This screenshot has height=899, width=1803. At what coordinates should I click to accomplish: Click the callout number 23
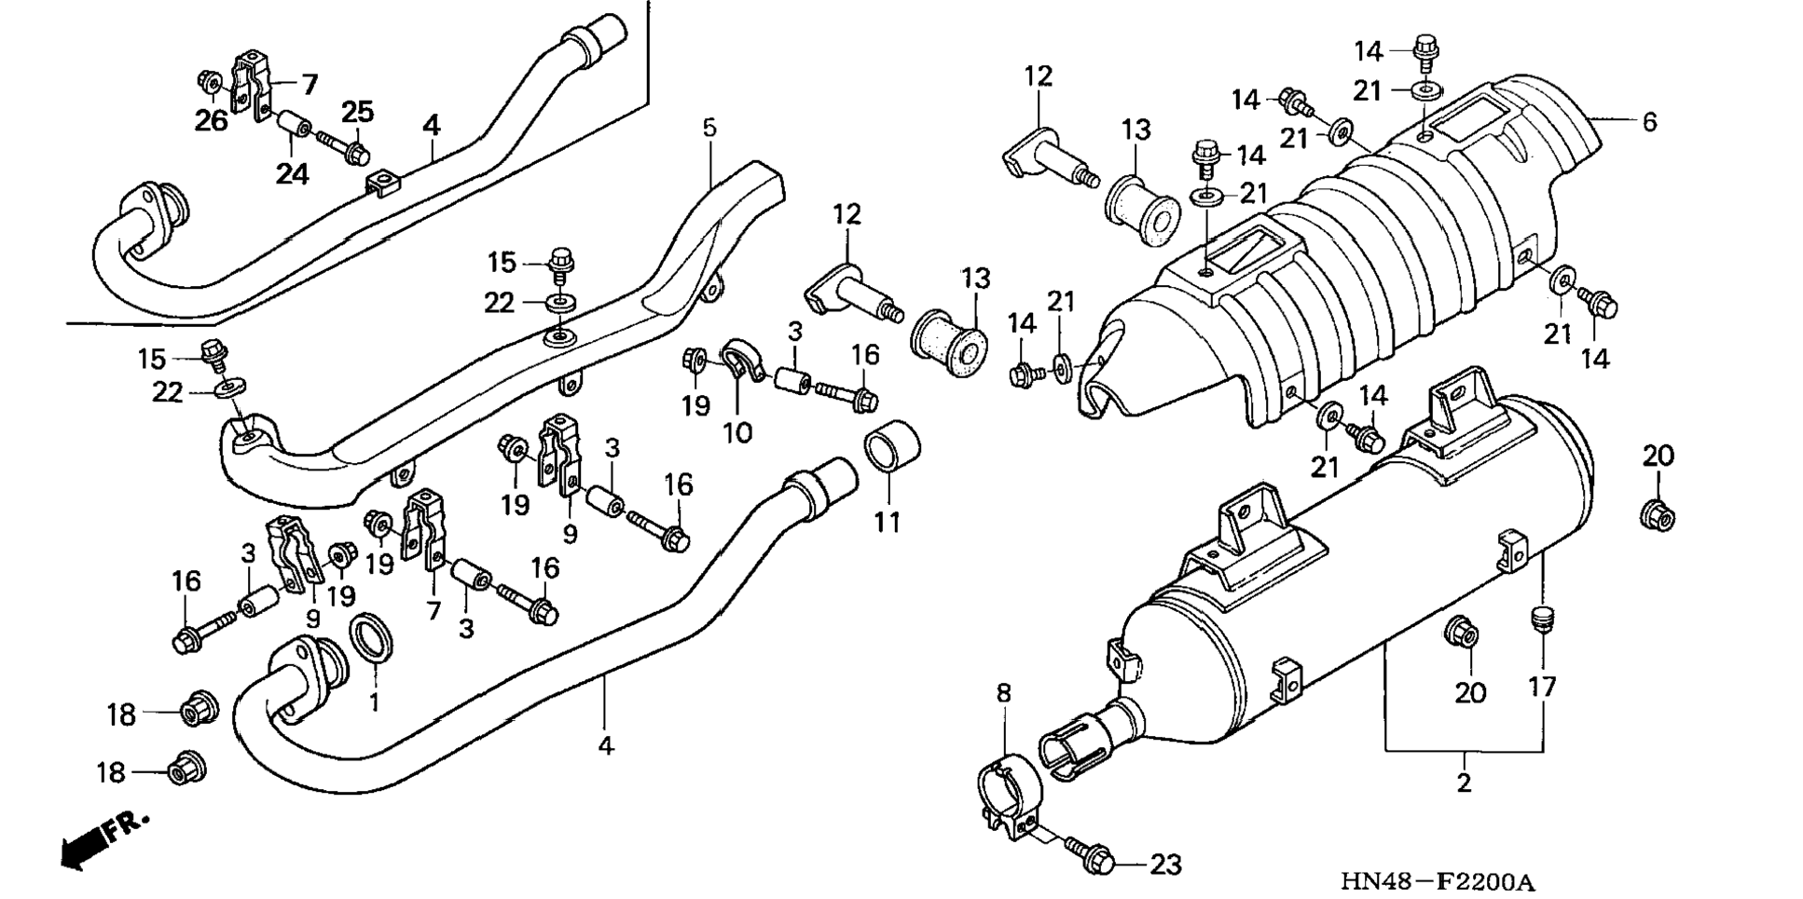1165,865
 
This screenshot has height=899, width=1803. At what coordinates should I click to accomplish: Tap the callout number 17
1542,688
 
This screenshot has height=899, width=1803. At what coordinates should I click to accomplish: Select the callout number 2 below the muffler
1464,782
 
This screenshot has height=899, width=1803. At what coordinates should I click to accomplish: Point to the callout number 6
1649,122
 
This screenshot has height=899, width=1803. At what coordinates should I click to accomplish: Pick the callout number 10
737,432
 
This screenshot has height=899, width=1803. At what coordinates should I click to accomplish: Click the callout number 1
374,701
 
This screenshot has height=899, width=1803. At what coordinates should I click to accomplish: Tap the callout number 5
709,128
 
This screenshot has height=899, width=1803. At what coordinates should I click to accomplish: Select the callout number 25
357,113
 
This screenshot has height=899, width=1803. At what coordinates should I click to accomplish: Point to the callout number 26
211,120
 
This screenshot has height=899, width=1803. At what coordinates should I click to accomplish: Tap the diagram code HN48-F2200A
1438,880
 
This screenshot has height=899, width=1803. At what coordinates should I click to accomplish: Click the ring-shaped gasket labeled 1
371,640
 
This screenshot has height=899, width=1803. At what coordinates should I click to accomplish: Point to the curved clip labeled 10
741,364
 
